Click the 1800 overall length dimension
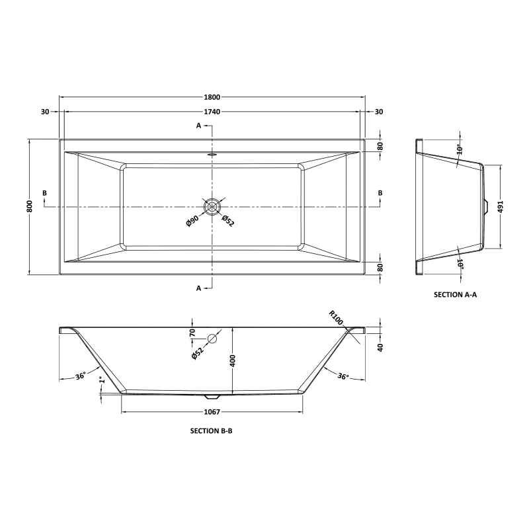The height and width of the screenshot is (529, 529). pyautogui.click(x=212, y=97)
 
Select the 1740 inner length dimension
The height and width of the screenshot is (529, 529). pyautogui.click(x=212, y=112)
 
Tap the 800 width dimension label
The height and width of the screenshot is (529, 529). pyautogui.click(x=30, y=206)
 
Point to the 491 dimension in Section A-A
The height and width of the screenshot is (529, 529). pyautogui.click(x=500, y=206)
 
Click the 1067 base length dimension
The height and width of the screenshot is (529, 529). pyautogui.click(x=212, y=412)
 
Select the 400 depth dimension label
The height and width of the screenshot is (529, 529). pyautogui.click(x=233, y=360)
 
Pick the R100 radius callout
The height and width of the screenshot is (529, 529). pyautogui.click(x=336, y=318)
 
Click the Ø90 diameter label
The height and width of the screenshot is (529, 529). pyautogui.click(x=192, y=221)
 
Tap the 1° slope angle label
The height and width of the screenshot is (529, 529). pyautogui.click(x=102, y=380)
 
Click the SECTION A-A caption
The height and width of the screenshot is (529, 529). pyautogui.click(x=455, y=294)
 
